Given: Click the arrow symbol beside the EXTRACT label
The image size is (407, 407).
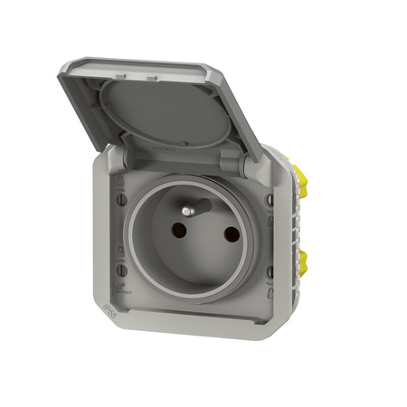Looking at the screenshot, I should coord(121,284).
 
